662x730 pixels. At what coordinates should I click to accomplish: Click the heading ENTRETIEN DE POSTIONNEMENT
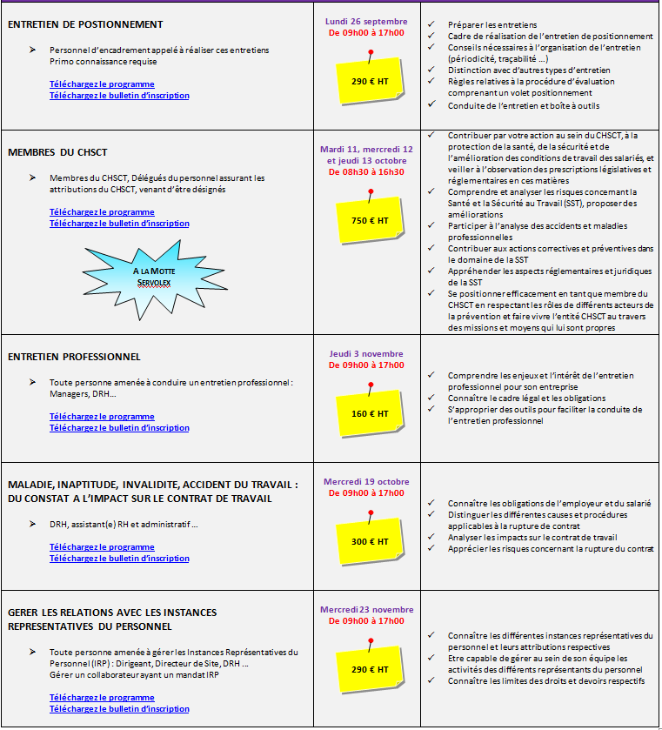coord(85,24)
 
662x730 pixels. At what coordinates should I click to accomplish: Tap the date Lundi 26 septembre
coord(365,21)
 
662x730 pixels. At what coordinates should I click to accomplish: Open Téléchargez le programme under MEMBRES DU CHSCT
coord(102,211)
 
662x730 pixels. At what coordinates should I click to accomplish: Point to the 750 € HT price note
coord(370,220)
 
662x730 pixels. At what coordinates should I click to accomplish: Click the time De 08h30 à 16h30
coord(365,172)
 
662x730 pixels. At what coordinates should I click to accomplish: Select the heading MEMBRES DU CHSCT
coord(57,151)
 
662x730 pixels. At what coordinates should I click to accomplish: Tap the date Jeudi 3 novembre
coord(365,353)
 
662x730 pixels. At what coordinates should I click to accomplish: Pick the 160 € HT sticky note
coord(370,412)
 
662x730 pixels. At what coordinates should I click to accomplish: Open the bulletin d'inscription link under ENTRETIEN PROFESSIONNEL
coord(119,427)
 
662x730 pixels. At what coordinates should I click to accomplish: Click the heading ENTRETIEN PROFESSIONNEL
coord(74,357)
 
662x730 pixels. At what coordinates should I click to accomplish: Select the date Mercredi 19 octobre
coord(365,481)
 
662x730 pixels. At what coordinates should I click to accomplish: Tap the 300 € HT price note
coord(370,540)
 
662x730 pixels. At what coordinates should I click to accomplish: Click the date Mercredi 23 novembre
coord(366,609)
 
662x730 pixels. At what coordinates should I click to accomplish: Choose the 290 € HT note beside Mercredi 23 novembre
coord(370,668)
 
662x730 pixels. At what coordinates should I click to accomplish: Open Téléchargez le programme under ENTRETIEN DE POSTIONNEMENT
coord(102,84)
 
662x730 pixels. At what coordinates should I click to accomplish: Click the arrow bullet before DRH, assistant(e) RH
coord(32,524)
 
